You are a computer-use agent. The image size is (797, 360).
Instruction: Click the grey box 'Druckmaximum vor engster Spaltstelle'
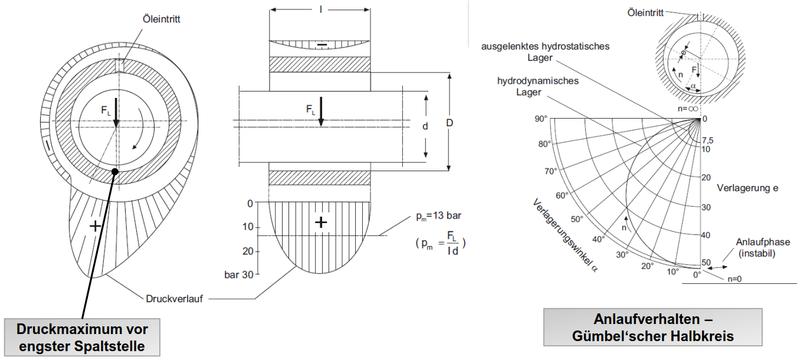(82, 337)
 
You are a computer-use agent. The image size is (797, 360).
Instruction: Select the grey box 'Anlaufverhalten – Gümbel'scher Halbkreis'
(652, 328)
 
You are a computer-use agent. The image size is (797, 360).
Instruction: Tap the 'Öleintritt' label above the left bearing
(160, 19)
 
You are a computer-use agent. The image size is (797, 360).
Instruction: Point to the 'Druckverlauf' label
(174, 299)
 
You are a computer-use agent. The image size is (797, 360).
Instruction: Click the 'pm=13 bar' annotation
(435, 215)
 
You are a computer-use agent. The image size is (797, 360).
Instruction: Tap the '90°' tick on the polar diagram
(541, 119)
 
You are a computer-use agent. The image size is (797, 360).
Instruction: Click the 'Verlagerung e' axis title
(747, 188)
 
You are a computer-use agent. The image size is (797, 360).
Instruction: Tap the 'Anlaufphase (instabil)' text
(763, 248)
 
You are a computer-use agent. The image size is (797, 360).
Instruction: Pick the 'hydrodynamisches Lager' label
(538, 86)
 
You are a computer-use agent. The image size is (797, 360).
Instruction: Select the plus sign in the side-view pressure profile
(320, 222)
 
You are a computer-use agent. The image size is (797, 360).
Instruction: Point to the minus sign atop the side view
(321, 45)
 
